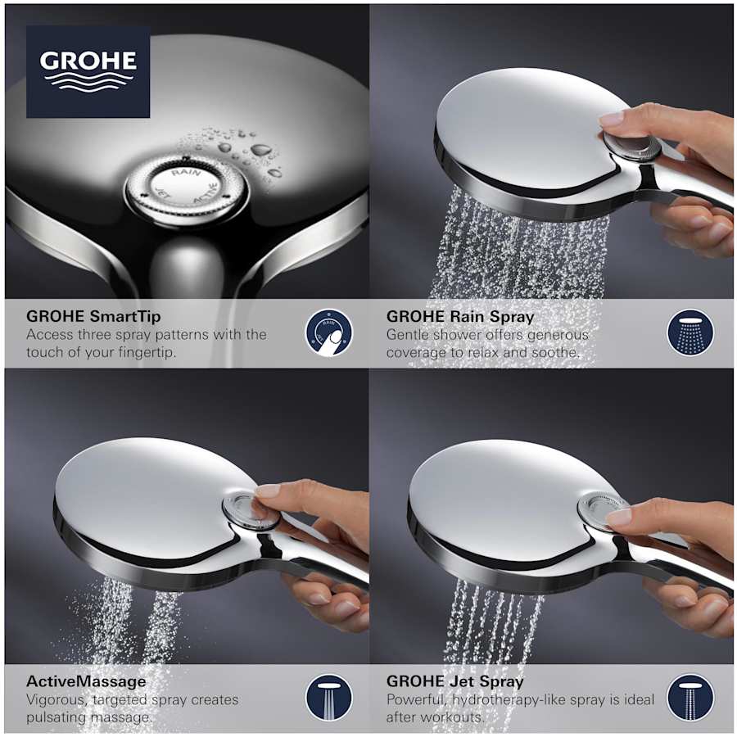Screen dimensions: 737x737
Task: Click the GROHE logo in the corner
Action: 88,70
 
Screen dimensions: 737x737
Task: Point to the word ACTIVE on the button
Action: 206,192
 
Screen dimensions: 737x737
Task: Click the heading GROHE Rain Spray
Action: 460,315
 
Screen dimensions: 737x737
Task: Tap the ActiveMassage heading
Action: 86,680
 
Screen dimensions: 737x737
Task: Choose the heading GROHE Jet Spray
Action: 455,680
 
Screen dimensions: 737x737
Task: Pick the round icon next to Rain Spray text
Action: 690,332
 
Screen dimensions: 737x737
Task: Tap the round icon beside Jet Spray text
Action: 690,698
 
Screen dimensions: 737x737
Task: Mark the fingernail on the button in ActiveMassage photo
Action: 267,491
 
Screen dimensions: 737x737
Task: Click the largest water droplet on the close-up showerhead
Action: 262,150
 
